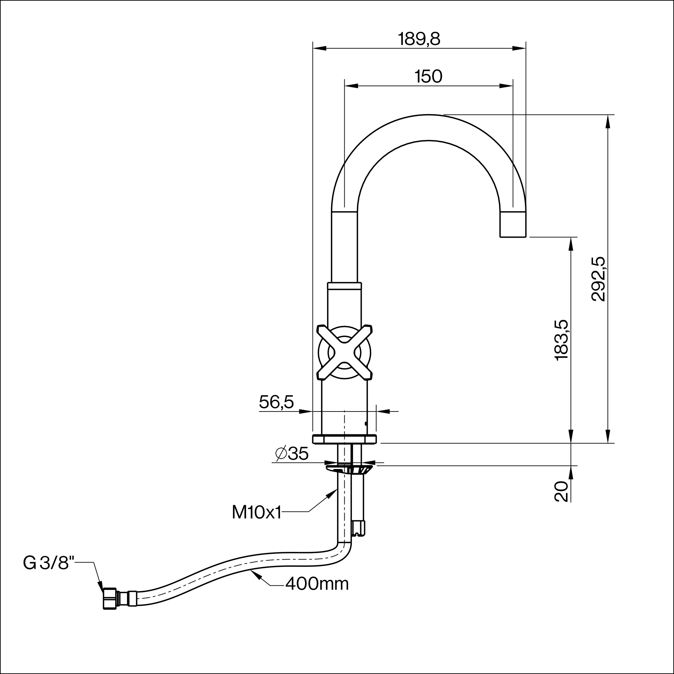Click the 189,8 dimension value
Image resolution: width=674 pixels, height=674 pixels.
[x=419, y=39]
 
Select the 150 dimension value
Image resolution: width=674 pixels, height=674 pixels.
[x=429, y=77]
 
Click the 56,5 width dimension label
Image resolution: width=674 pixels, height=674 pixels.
[x=277, y=402]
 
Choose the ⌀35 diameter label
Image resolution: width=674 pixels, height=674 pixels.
[x=292, y=453]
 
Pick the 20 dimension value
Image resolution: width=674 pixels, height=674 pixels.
[x=562, y=491]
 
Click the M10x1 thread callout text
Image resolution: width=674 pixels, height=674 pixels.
[x=256, y=513]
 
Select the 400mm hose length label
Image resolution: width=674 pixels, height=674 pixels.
[x=317, y=595]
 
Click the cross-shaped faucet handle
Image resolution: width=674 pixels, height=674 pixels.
[x=344, y=352]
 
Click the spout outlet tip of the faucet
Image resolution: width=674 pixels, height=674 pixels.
[x=513, y=224]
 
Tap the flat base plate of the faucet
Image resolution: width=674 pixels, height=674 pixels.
[x=344, y=439]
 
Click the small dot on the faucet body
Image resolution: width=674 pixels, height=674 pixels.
[x=366, y=424]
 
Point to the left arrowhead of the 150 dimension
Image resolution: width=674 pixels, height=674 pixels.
[x=351, y=86]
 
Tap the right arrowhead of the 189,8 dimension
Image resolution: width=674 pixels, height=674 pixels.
[x=519, y=48]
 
